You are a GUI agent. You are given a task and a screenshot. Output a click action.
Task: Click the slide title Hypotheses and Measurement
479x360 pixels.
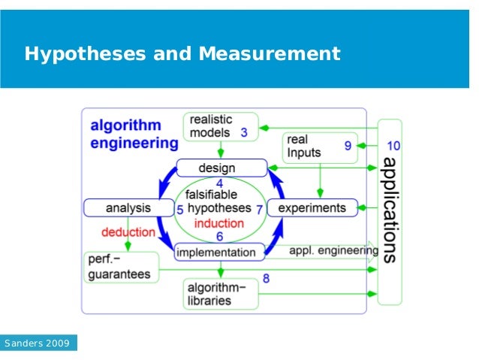coord(182,55)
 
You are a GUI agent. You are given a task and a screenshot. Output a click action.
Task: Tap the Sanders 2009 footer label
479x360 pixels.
coord(38,343)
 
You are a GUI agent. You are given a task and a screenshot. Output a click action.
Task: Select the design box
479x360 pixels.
coord(221,168)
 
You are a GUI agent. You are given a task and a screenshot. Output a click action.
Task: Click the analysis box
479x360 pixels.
coord(128,207)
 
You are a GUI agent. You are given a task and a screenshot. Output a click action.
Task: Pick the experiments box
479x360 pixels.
coord(312,207)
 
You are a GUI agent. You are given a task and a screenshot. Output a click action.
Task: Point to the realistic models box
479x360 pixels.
coord(220,126)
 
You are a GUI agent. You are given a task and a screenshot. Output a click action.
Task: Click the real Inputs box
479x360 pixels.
coord(319,147)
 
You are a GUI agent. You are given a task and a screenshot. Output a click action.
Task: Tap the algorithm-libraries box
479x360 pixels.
coord(220,293)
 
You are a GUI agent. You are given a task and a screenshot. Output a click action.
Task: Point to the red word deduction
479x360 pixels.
coord(128,232)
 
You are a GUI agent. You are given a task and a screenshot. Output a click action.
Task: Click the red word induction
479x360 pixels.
coord(218,223)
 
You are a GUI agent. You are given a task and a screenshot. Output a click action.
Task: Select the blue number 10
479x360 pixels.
coord(393,145)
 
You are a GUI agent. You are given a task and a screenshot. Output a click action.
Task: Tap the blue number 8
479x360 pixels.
coord(267,280)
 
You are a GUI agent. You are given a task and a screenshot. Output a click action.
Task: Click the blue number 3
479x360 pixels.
coord(244,133)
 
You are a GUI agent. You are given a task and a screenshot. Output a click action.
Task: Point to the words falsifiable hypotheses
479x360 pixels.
coord(219,201)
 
